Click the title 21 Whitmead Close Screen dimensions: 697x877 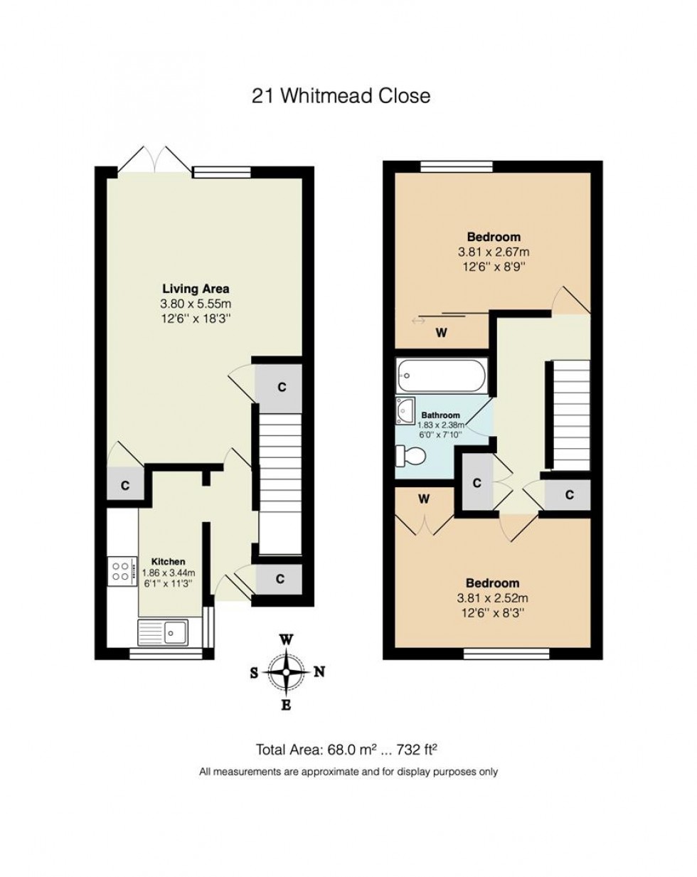coord(341,96)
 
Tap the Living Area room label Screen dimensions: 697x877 coord(196,289)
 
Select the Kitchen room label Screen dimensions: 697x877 coord(169,562)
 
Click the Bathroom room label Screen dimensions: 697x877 coord(441,415)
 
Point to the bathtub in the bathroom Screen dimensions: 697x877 coord(442,376)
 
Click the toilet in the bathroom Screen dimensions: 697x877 coord(410,455)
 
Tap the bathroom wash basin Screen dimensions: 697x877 coord(405,411)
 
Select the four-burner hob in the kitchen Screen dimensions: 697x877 coord(122,571)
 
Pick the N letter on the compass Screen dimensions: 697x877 coord(319,671)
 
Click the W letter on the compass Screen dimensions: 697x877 coord(287,640)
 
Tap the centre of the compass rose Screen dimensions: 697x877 coord(287,671)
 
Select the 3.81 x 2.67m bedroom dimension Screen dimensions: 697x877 coord(494,252)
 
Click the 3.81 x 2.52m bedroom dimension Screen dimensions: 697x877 coord(492,598)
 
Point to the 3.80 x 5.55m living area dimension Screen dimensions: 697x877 coord(196,304)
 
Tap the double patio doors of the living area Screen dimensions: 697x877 coord(154,161)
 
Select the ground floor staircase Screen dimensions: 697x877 coord(280,484)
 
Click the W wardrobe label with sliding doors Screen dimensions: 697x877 coord(441,333)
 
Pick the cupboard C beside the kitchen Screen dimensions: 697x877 coord(125,485)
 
